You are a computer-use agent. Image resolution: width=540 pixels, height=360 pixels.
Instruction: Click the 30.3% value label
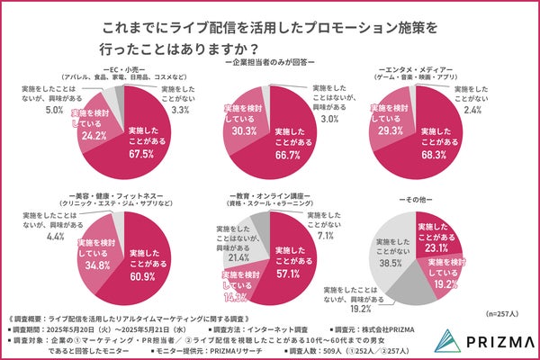(x=243, y=129)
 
